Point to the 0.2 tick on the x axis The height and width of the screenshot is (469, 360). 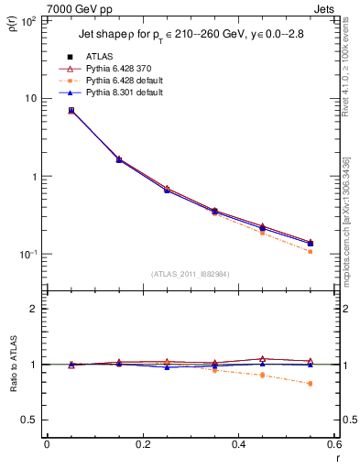click(x=142, y=445)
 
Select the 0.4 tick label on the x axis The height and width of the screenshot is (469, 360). click(x=238, y=445)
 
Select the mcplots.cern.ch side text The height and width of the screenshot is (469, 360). click(x=345, y=229)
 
